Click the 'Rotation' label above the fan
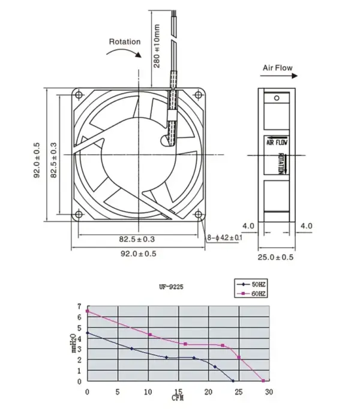pyautogui.click(x=125, y=42)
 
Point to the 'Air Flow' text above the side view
pyautogui.click(x=278, y=68)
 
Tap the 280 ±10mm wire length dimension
pyautogui.click(x=157, y=46)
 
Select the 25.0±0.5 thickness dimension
pyautogui.click(x=275, y=257)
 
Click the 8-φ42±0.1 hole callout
pyautogui.click(x=225, y=237)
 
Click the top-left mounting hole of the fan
pyautogui.click(x=79, y=95)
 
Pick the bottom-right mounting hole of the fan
pyautogui.click(x=199, y=215)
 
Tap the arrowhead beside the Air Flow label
pyautogui.click(x=295, y=76)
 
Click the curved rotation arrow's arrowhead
pyautogui.click(x=138, y=55)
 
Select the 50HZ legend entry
pyautogui.click(x=251, y=285)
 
